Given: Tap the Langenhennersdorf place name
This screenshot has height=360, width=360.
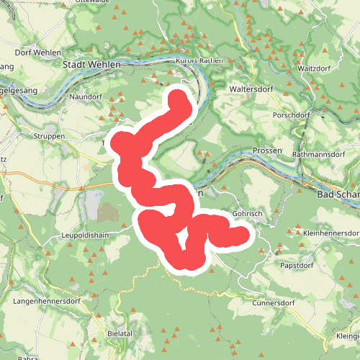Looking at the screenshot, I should (45, 299).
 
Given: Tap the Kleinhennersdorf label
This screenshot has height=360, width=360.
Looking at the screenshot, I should (332, 233).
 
